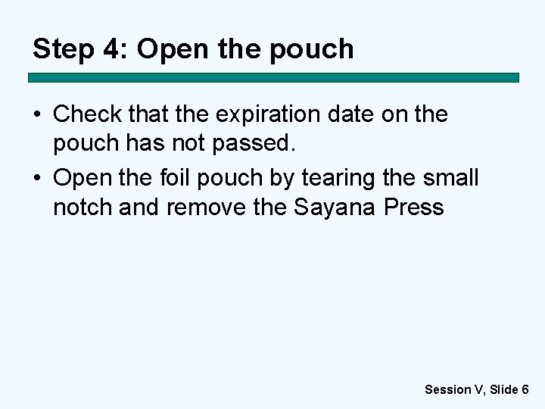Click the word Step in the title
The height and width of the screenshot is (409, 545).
pyautogui.click(x=64, y=49)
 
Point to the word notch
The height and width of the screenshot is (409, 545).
pyautogui.click(x=83, y=208)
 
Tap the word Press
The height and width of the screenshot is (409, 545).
pyautogui.click(x=414, y=208)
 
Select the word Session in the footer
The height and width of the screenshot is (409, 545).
pyautogui.click(x=447, y=389)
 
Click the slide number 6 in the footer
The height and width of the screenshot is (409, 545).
pyautogui.click(x=525, y=389)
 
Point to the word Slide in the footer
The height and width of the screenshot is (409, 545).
pyautogui.click(x=503, y=389)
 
